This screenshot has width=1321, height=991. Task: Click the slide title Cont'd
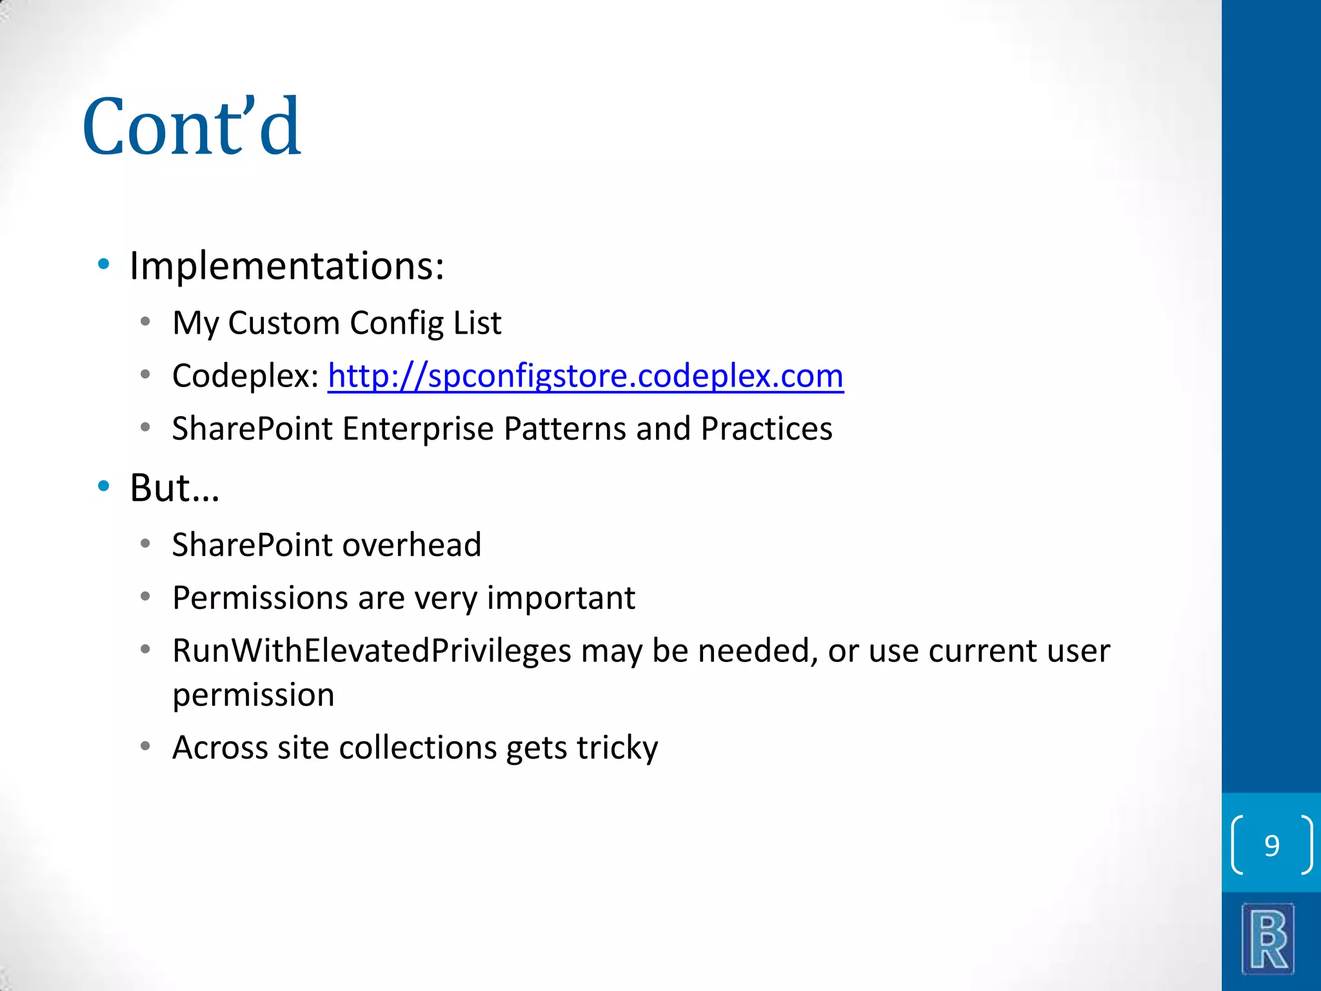tap(192, 126)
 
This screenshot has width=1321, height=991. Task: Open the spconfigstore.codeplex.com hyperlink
tap(585, 375)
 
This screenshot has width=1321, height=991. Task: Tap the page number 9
tap(1271, 845)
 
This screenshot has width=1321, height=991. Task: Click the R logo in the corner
tap(1268, 939)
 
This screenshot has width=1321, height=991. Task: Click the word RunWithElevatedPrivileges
tap(372, 650)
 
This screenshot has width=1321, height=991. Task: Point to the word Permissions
tap(261, 598)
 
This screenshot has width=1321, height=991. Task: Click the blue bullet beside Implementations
tap(104, 264)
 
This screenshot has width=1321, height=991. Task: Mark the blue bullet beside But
tap(104, 486)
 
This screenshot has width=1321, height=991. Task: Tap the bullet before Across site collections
tap(146, 746)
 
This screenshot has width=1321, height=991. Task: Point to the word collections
tap(418, 748)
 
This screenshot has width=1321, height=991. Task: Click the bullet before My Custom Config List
tap(146, 321)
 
